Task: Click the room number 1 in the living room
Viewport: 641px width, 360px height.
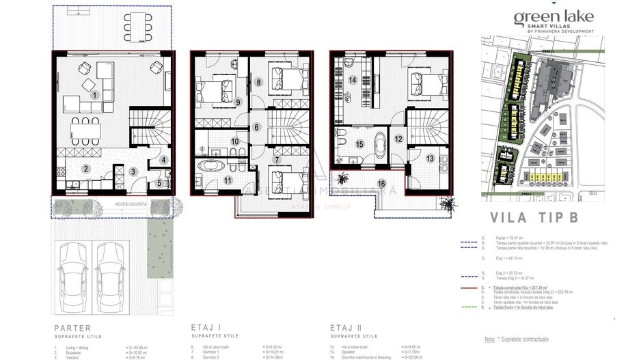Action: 96,95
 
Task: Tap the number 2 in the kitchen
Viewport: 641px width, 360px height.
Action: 86,169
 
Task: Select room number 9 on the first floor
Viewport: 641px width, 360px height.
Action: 238,102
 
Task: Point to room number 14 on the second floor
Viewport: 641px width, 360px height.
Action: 353,80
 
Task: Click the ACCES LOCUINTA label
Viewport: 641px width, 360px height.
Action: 112,203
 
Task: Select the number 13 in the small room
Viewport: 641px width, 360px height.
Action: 430,158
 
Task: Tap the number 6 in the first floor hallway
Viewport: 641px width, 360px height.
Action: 256,127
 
